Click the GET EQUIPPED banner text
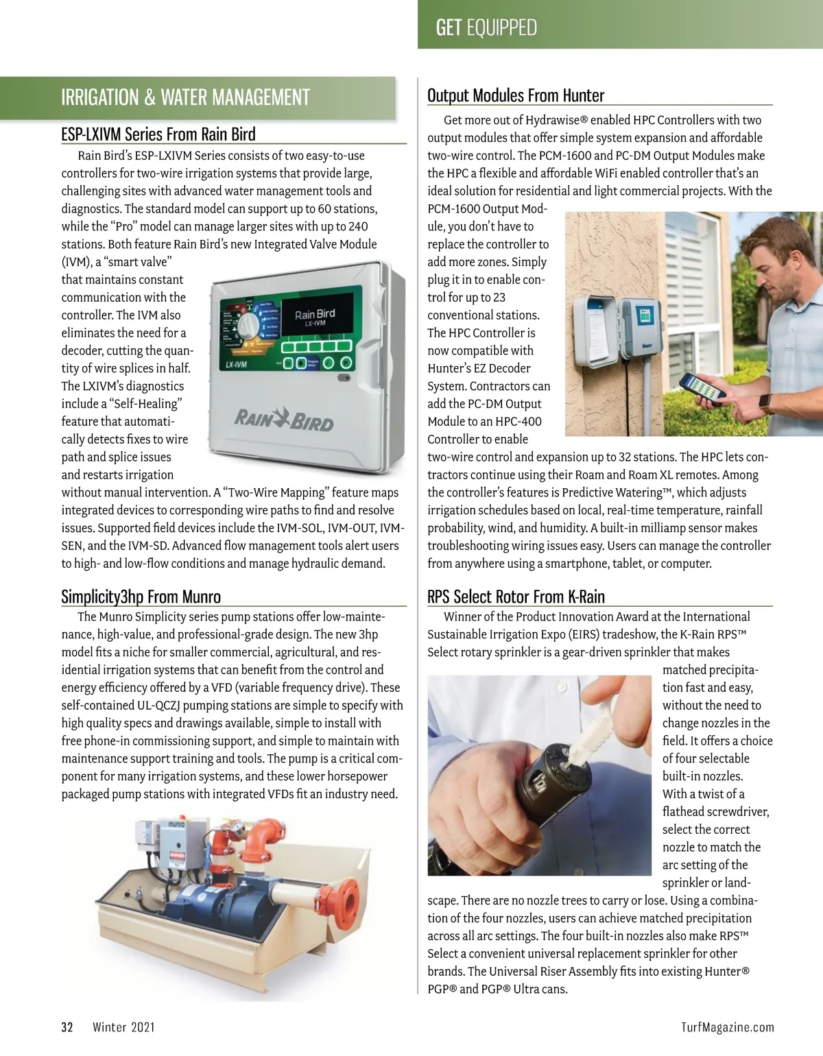[486, 28]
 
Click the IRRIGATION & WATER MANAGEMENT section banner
[185, 98]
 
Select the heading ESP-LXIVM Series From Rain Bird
[158, 134]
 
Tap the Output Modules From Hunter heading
[516, 95]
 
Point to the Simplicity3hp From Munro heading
[141, 597]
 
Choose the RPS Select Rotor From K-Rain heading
[516, 597]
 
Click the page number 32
[67, 1027]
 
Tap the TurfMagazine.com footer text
[727, 1027]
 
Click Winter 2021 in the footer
[123, 1027]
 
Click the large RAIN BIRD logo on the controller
[284, 419]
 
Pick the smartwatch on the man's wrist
[765, 403]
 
